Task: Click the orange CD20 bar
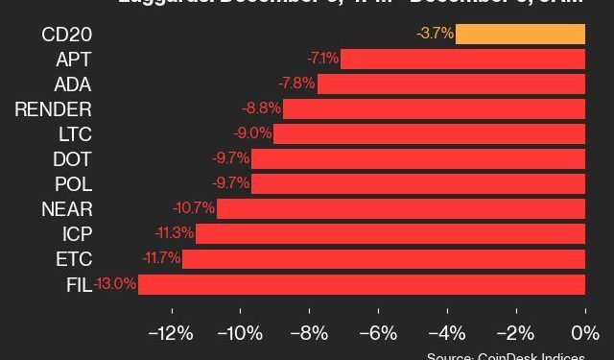[520, 35]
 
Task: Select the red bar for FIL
[362, 284]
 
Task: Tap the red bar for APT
[462, 60]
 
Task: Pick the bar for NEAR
[401, 209]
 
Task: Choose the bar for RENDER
[434, 109]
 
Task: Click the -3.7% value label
[435, 35]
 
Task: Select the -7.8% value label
[296, 84]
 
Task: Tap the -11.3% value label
[175, 234]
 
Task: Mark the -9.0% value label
[252, 134]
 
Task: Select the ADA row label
[73, 84]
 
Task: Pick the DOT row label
[73, 159]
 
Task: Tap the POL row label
[73, 184]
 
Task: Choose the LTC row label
[74, 134]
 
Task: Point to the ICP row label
[76, 234]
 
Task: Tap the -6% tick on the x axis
[378, 333]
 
